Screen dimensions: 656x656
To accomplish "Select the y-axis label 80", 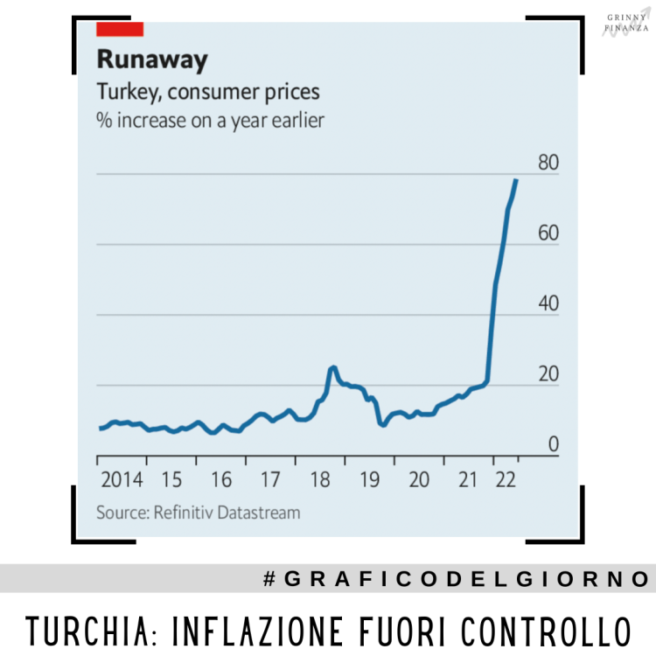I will (548, 163).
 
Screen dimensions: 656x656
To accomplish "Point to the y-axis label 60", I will (548, 234).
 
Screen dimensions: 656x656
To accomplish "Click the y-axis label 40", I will (548, 304).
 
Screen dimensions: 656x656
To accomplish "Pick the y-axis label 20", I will (548, 374).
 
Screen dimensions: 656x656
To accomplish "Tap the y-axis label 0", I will (553, 445).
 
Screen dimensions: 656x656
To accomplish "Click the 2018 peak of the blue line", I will (332, 367).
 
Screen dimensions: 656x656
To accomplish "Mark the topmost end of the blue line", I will (516, 179).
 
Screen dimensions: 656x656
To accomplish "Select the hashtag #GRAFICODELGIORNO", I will (456, 579).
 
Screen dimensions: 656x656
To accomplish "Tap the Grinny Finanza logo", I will (627, 22).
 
